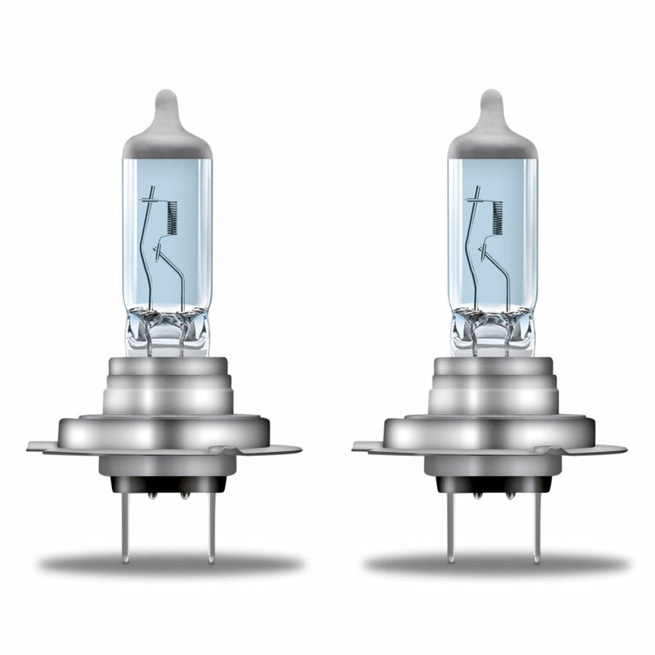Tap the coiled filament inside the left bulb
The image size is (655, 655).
(172, 217)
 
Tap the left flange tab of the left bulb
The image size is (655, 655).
(41, 447)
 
